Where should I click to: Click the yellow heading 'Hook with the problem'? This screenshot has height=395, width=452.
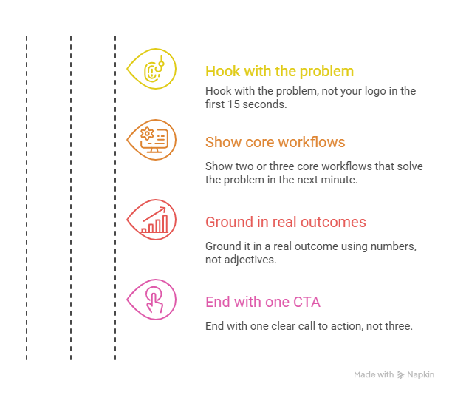(x=279, y=71)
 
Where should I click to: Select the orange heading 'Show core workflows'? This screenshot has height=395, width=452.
(x=275, y=142)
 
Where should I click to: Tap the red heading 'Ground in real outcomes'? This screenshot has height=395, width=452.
(x=286, y=222)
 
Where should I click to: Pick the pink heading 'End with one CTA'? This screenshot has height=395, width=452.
(x=263, y=302)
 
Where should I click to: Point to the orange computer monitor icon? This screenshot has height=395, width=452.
(x=154, y=141)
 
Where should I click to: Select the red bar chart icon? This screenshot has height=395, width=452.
(x=155, y=220)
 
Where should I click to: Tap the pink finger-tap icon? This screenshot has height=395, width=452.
(x=154, y=300)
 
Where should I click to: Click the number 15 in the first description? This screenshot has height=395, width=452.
(x=233, y=104)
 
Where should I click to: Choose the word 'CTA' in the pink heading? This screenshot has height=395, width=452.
(x=307, y=302)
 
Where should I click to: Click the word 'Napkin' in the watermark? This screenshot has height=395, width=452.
(x=420, y=374)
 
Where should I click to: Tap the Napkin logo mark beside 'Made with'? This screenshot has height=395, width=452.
(x=400, y=375)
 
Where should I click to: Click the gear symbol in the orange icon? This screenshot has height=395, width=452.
(x=147, y=134)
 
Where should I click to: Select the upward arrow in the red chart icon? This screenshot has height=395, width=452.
(x=154, y=214)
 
